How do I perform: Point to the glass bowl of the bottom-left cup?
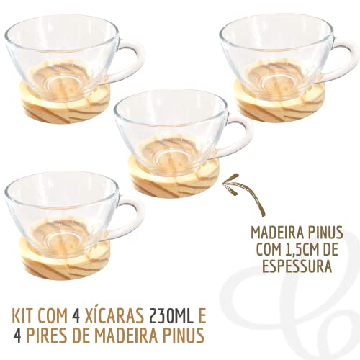coord(61,205)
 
